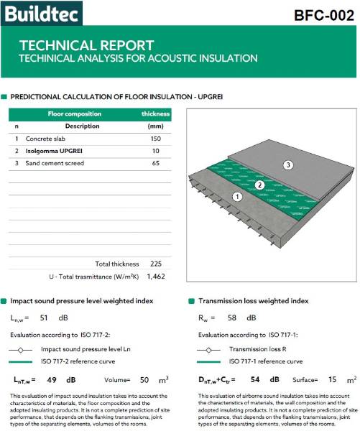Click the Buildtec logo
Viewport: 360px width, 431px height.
[x=42, y=12]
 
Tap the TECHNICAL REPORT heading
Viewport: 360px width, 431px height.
[x=86, y=45]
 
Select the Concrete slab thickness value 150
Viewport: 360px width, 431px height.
[x=156, y=138]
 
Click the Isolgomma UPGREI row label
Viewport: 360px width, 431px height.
[x=55, y=151]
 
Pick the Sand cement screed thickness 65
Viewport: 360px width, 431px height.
[x=156, y=164]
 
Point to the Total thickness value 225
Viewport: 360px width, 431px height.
[x=156, y=264]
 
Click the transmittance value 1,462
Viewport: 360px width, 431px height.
[x=156, y=275]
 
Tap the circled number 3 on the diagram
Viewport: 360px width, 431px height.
[x=288, y=165]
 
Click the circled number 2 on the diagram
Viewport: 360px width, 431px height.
[x=261, y=185]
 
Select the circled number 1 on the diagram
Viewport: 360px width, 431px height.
[x=237, y=196]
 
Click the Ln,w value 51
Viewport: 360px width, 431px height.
[x=44, y=317]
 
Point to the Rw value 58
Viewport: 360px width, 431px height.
[x=232, y=317]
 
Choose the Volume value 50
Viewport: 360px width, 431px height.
[x=144, y=379]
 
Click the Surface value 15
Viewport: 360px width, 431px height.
[x=331, y=379]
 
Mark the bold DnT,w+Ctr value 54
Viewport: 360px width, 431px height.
[x=254, y=379]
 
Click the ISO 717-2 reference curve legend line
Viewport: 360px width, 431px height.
[x=24, y=361]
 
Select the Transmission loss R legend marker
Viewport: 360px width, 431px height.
[x=208, y=349]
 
